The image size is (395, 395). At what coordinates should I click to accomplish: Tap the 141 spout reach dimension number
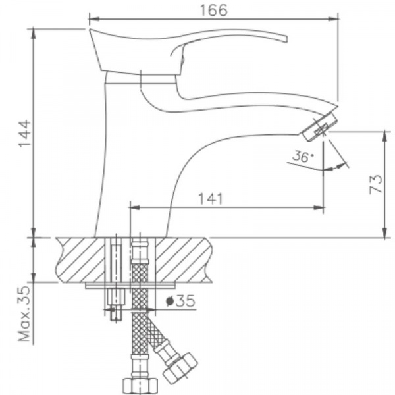pos(211,198)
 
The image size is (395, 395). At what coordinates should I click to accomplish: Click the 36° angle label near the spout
pos(303,157)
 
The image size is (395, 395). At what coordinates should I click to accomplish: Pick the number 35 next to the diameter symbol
pos(186,302)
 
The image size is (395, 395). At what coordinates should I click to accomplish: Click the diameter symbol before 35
pos(171,302)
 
